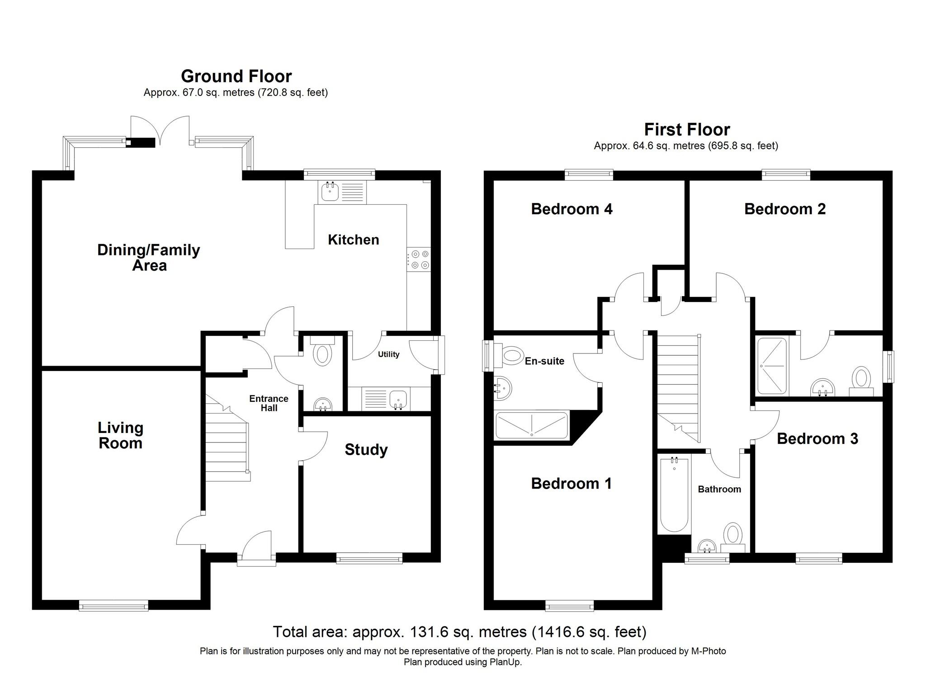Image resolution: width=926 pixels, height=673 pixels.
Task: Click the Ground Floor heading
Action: tap(236, 76)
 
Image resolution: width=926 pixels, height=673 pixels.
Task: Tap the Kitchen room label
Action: tap(353, 240)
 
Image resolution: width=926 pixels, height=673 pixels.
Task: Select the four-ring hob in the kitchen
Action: tap(419, 260)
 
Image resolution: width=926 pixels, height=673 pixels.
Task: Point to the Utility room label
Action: tap(388, 354)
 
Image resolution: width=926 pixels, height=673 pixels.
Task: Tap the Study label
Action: tap(366, 449)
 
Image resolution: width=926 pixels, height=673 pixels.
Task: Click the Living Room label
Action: tap(120, 435)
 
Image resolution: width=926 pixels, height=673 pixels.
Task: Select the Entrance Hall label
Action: tap(269, 403)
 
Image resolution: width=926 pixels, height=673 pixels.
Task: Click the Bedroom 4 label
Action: tap(572, 209)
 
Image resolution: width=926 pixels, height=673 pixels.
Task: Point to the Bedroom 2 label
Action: tap(784, 209)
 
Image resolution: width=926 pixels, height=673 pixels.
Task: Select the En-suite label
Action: tap(544, 361)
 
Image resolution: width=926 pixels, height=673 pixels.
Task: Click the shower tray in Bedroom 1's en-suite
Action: tap(532, 425)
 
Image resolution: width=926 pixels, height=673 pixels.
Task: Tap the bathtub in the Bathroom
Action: tap(674, 495)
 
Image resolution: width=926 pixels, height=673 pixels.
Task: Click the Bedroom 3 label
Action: tap(817, 438)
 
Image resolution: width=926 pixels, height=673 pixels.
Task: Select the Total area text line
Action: tap(459, 631)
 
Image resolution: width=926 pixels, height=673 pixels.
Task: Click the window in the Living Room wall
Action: tap(113, 605)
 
